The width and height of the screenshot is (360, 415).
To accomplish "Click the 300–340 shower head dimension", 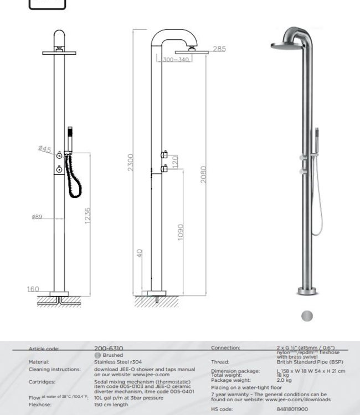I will [x=176, y=59].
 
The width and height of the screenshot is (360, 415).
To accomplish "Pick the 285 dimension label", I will [x=219, y=49].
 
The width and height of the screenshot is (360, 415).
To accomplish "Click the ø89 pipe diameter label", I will [x=37, y=217].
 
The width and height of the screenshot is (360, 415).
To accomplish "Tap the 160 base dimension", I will [x=33, y=289].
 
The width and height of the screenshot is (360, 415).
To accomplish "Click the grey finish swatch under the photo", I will [x=306, y=316].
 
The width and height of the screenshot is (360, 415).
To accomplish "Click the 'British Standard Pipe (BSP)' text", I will [x=311, y=362].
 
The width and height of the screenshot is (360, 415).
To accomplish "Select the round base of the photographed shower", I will [x=306, y=290].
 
